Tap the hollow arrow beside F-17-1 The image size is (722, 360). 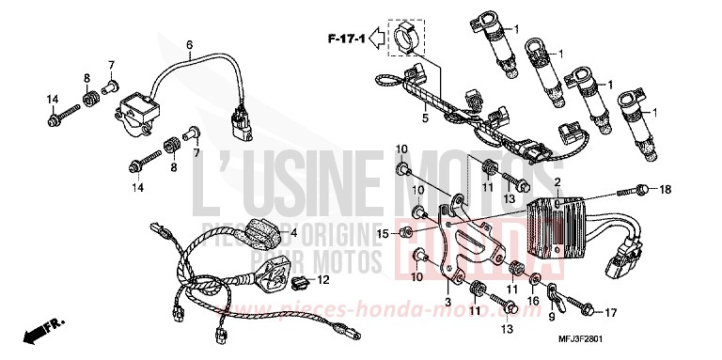pos(375,39)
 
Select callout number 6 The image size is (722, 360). pos(188,44)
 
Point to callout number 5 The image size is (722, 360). pos(424,119)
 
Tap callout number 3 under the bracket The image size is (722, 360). pos(448,302)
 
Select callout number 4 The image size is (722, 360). pos(291,232)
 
